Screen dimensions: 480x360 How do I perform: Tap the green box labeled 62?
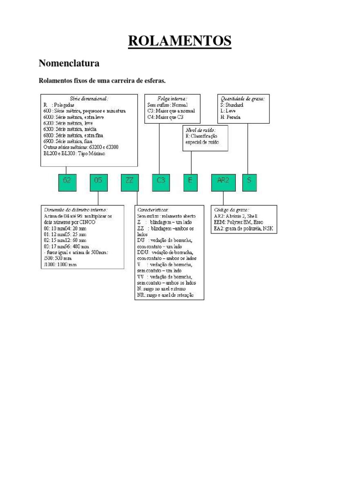tap(67, 182)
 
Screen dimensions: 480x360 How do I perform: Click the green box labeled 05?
tap(98, 182)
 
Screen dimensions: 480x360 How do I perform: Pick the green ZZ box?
tap(130, 182)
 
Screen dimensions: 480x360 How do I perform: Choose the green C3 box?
tap(161, 182)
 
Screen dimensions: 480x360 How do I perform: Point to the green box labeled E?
tap(191, 182)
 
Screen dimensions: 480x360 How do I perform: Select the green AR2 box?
tap(223, 182)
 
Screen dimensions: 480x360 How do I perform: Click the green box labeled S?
tap(249, 182)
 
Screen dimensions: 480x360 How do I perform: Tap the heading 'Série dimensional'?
tap(89, 99)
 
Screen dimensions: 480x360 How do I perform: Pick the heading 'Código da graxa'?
tap(232, 209)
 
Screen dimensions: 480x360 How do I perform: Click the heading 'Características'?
tap(153, 209)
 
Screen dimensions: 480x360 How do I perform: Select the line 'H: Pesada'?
tap(230, 117)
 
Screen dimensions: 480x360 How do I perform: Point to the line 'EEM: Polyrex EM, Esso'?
tap(238, 222)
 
